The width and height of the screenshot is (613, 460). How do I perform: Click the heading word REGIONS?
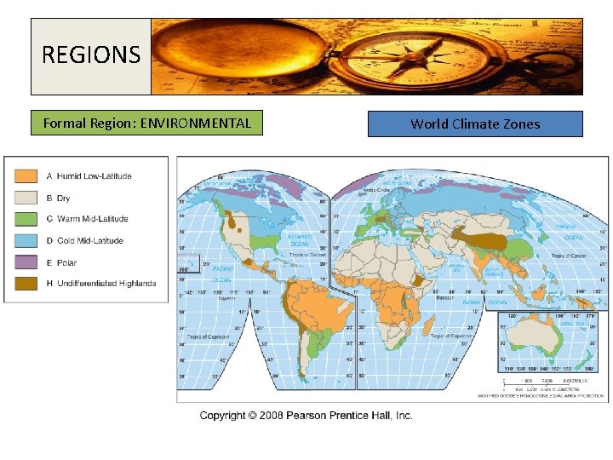coord(91,55)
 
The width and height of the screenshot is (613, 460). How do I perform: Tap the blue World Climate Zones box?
coord(475,124)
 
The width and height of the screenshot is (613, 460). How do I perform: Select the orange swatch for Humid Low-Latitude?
coord(26,176)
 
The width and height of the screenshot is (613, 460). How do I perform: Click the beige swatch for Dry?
coord(26,198)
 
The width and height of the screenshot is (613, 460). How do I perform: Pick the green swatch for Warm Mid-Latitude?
coord(26,219)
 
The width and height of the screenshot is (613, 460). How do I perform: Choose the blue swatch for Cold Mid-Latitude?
coord(26,240)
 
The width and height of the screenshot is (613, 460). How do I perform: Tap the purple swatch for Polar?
coord(26,262)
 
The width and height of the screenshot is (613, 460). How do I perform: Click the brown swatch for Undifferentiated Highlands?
coord(26,283)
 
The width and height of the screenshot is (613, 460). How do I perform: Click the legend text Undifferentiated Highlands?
coord(106,283)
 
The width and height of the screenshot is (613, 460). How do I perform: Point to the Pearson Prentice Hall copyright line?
coord(306,415)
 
